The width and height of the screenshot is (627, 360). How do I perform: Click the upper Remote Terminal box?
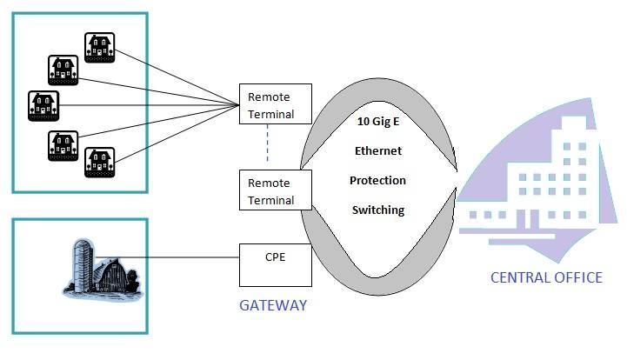pyautogui.click(x=276, y=105)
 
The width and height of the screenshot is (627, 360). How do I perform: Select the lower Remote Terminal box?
pyautogui.click(x=276, y=191)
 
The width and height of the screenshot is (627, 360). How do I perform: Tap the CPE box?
pyautogui.click(x=276, y=265)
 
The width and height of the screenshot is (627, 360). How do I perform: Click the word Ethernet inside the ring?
pyautogui.click(x=377, y=150)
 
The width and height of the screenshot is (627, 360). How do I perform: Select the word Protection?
pyautogui.click(x=377, y=180)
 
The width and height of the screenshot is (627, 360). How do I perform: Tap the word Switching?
pyautogui.click(x=377, y=210)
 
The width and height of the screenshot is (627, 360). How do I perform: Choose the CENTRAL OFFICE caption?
pyautogui.click(x=546, y=277)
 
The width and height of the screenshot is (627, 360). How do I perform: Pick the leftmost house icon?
pyautogui.click(x=43, y=105)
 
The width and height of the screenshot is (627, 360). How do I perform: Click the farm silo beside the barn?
pyautogui.click(x=79, y=266)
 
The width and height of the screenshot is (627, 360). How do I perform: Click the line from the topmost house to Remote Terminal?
pyautogui.click(x=174, y=75)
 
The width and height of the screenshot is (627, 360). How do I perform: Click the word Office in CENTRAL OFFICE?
pyautogui.click(x=575, y=277)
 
